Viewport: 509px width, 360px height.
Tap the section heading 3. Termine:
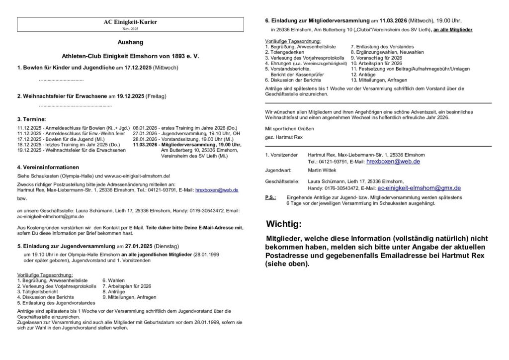coord(31,120)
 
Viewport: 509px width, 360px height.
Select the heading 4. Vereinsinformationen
coord(48,167)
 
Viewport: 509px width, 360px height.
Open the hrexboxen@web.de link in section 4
coord(217,190)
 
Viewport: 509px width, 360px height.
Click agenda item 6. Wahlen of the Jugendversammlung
coord(114,280)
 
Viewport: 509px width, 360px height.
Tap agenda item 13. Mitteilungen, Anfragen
coord(379,80)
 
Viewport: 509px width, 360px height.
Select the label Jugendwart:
coord(278,170)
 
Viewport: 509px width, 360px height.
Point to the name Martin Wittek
coord(323,170)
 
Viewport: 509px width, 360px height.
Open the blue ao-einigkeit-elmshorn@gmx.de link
coord(419,188)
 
